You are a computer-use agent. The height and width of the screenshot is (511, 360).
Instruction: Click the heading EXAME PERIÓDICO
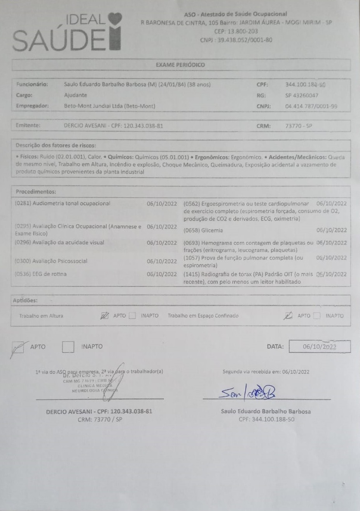coord(180,65)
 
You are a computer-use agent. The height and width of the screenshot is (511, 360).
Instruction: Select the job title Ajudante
coord(75,95)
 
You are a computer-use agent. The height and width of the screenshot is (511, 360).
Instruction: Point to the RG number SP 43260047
coord(302,95)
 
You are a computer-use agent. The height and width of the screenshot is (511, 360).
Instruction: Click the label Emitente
coord(28,126)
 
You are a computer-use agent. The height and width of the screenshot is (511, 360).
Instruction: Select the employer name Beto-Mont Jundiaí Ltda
coord(109,106)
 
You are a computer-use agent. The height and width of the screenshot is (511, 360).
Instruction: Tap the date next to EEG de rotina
coord(162,274)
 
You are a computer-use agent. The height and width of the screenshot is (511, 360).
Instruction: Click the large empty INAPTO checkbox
coord(68,347)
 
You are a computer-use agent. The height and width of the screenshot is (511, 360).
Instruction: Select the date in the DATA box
coord(320,347)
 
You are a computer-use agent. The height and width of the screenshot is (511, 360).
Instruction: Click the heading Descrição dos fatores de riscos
coord(56,145)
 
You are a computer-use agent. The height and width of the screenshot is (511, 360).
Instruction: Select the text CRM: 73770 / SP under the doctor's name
coord(100,419)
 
